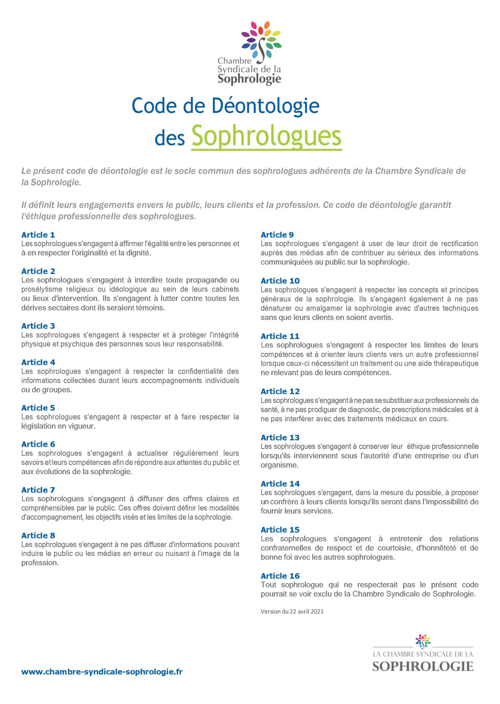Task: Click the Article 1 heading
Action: pos(38,235)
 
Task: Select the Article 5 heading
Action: pos(38,408)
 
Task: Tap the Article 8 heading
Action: pos(38,535)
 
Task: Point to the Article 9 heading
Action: pos(277,235)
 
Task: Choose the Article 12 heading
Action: pos(280,391)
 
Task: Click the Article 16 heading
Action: pos(280,576)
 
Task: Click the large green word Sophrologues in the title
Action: pos(266,136)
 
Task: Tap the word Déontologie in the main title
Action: pos(266,106)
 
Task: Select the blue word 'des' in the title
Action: pos(169,138)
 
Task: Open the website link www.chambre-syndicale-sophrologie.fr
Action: pos(102,672)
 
